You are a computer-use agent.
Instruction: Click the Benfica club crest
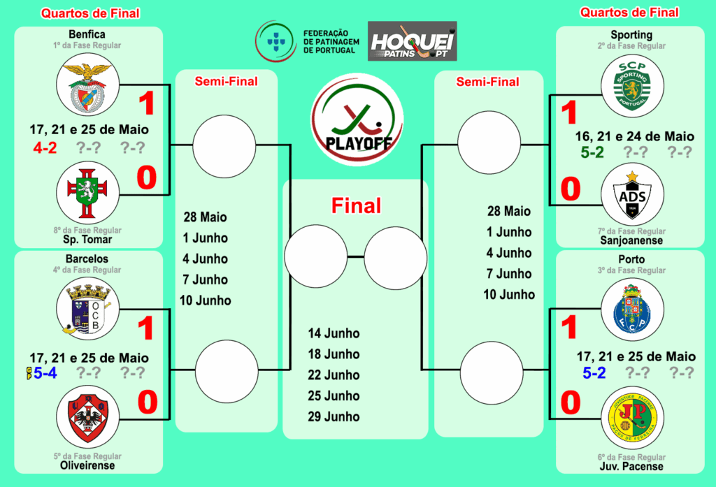coord(87,85)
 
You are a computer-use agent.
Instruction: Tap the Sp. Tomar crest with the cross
coord(87,193)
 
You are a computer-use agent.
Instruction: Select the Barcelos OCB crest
coord(87,309)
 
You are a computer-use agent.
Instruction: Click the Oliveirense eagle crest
coord(87,417)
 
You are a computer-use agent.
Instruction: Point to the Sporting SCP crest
coord(632,86)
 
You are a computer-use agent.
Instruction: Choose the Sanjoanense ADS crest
coord(632,194)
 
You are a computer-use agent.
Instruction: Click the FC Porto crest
coord(632,310)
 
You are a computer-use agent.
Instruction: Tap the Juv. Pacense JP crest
coord(632,418)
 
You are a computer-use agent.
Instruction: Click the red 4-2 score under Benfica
coord(45,148)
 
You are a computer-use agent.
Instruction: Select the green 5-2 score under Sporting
coord(592,152)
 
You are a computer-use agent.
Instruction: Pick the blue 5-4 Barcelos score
coord(45,373)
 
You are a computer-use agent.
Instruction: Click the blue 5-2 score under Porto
coord(594,373)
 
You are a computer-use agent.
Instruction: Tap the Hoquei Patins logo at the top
coord(413,41)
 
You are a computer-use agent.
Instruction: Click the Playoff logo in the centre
coord(357,119)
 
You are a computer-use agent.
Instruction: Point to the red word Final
coord(356,206)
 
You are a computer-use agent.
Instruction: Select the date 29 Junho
coord(334,416)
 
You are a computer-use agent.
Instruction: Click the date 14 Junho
coord(334,333)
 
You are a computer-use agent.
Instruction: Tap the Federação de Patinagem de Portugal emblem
coord(276,41)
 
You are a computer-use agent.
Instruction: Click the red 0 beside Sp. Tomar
coord(147,177)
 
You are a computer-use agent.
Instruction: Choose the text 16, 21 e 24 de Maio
coord(635,136)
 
